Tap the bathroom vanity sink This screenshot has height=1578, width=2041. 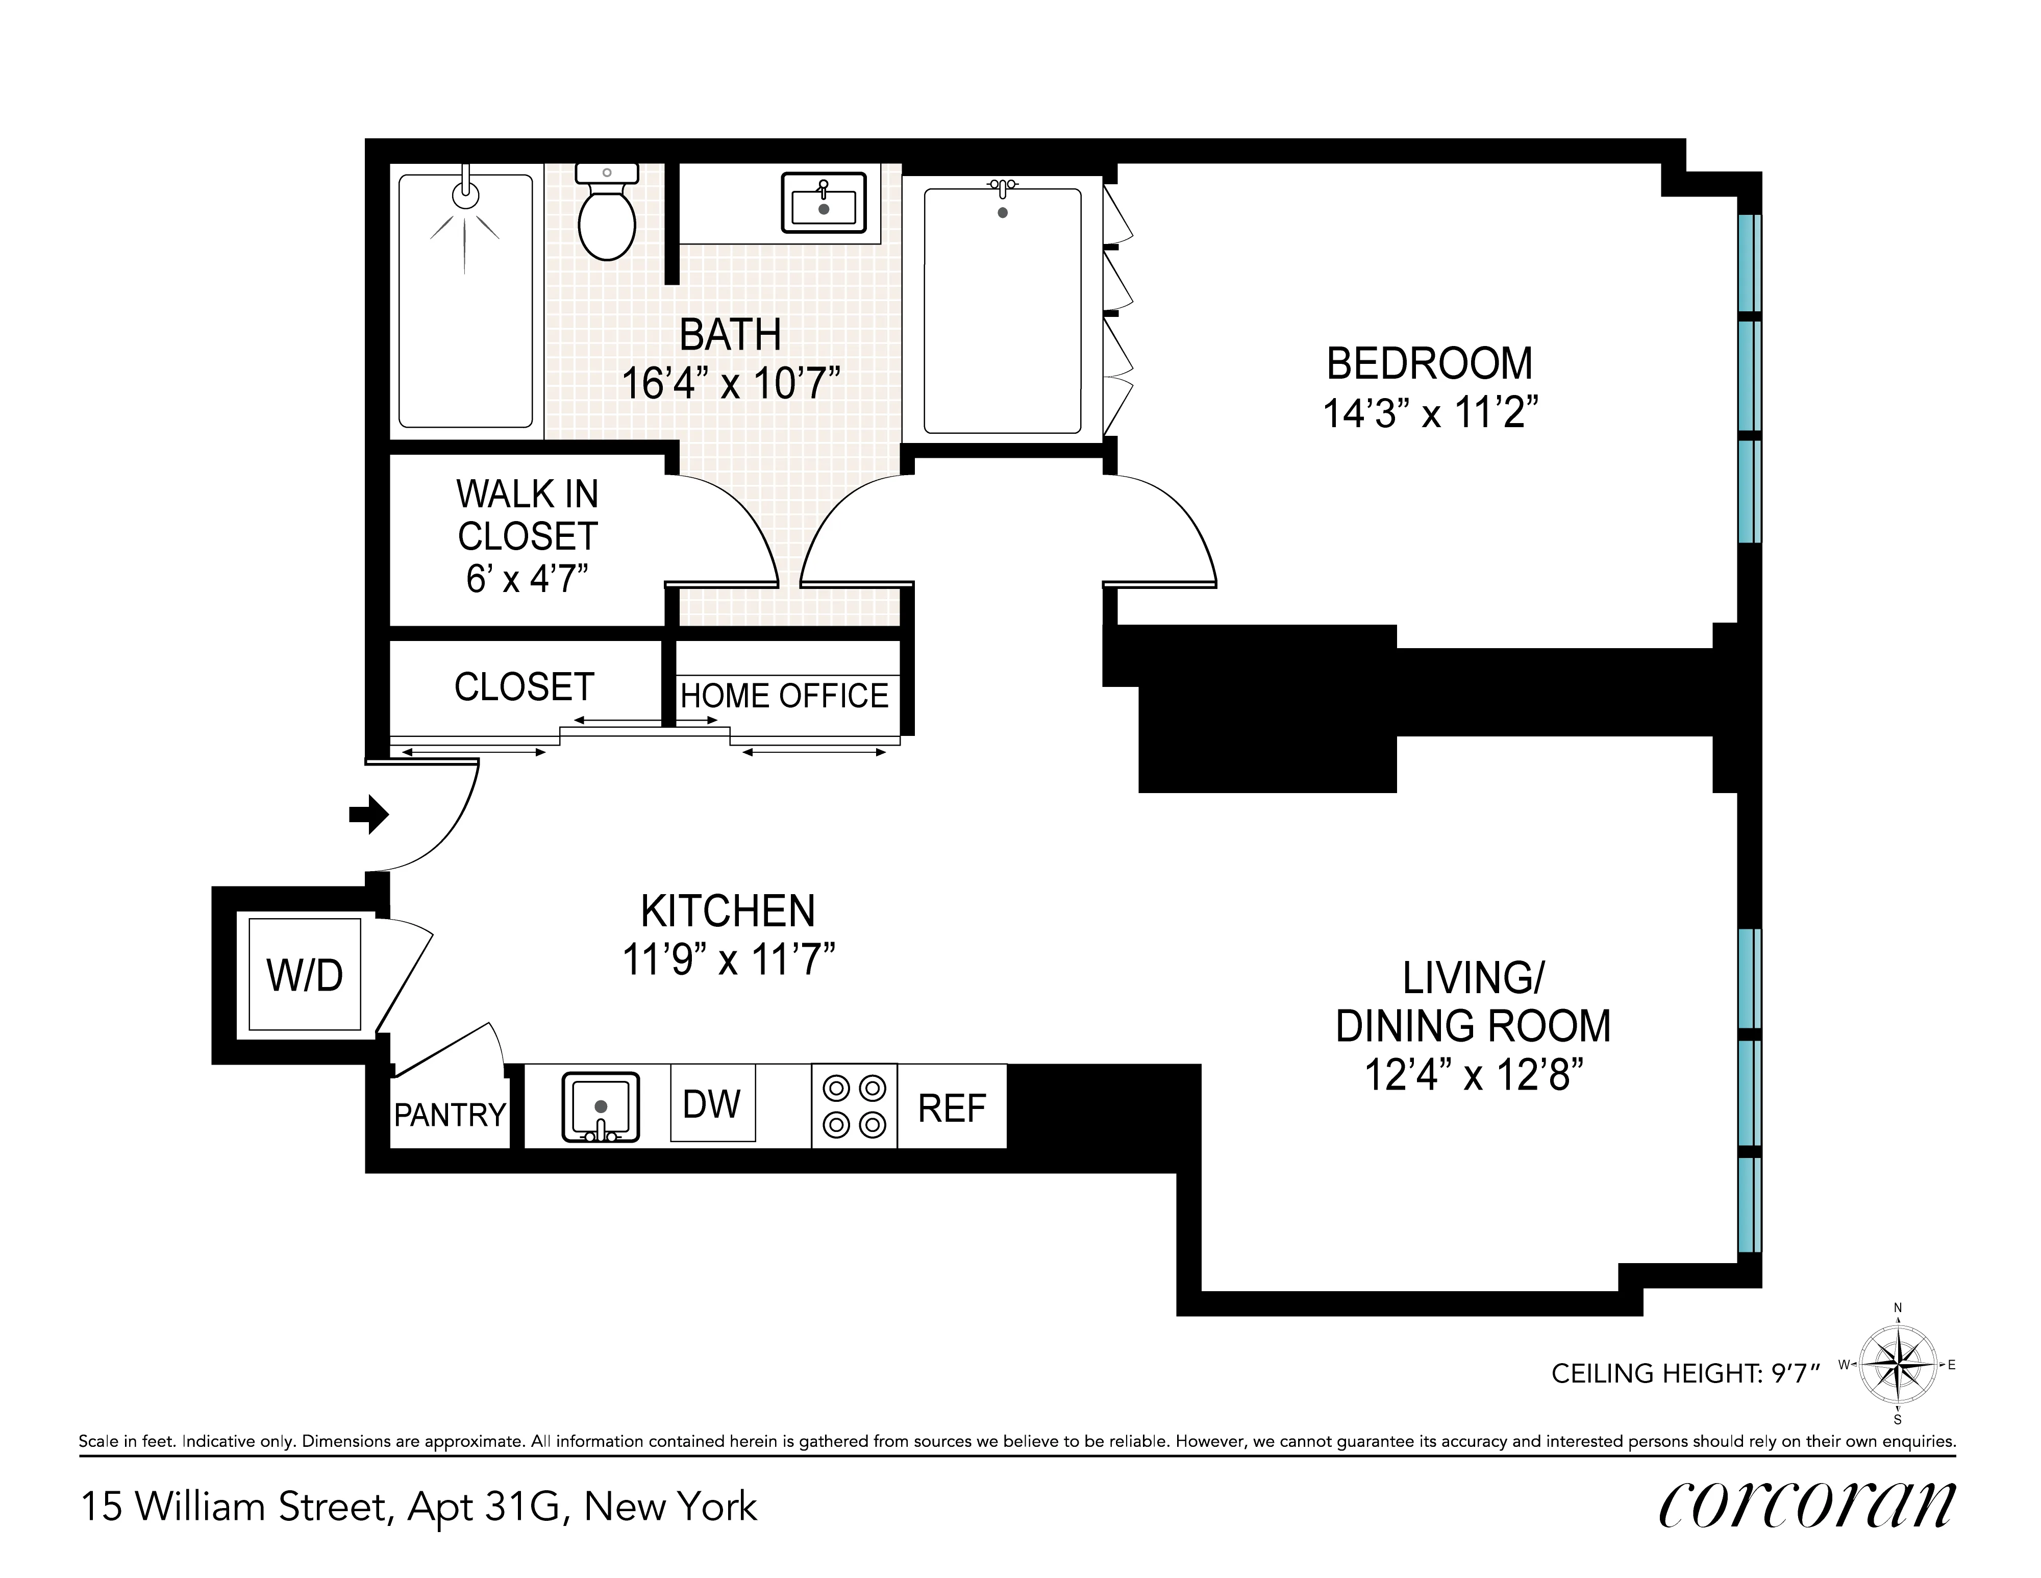(x=824, y=203)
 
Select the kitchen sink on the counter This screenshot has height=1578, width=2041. (x=600, y=1107)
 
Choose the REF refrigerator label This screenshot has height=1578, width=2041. (x=951, y=1108)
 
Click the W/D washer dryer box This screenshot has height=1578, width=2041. (x=305, y=975)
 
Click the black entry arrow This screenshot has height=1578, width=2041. (x=369, y=813)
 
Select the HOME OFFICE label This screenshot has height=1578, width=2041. (x=784, y=697)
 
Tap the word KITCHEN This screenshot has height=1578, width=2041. (x=728, y=911)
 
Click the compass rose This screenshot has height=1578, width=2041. (x=1897, y=1365)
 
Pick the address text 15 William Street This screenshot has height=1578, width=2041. (x=234, y=1507)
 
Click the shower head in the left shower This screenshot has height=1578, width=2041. (x=465, y=194)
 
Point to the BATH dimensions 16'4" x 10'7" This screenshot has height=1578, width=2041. (x=731, y=383)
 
